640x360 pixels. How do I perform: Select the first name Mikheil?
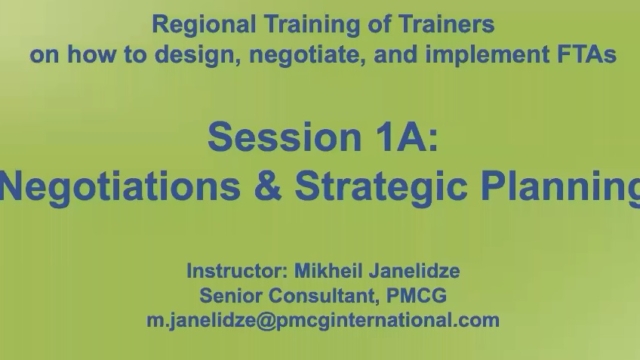pos(331,271)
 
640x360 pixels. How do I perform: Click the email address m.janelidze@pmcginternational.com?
pos(321,321)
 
